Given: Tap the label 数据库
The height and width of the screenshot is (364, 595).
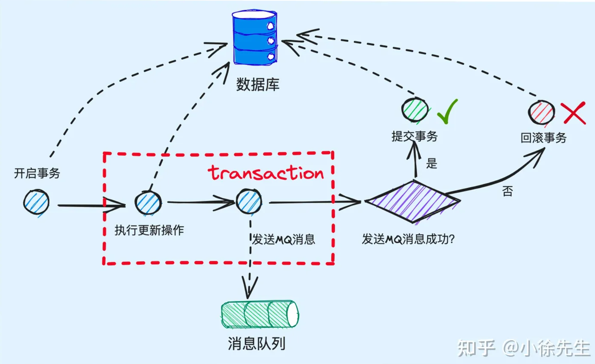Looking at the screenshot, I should tap(258, 84).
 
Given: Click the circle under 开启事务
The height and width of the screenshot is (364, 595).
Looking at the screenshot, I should tap(36, 203).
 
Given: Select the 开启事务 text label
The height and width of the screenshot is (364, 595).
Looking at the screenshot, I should tap(37, 173).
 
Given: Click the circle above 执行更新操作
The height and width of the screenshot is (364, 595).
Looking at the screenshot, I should tap(148, 203).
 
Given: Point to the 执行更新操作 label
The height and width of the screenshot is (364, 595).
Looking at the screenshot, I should tap(149, 230).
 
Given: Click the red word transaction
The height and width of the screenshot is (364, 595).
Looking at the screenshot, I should tap(266, 173).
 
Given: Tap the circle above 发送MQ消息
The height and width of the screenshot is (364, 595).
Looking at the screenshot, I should tap(249, 202).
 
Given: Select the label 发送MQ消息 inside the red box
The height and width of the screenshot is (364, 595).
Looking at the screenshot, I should tap(283, 239).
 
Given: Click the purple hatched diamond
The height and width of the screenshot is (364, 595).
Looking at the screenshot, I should tap(413, 202).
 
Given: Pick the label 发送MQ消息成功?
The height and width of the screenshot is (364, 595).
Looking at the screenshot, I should tap(408, 239).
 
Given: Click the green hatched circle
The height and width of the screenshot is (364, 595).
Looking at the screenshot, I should tap(414, 110).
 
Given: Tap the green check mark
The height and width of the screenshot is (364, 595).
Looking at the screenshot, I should tap(448, 111).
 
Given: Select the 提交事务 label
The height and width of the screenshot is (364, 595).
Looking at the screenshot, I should tap(414, 136).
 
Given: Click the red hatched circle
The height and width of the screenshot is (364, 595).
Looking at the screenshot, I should tap(541, 112).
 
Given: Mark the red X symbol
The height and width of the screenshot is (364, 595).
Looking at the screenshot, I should tap(574, 113).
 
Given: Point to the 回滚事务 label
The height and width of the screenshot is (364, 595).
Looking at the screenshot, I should tap(543, 138).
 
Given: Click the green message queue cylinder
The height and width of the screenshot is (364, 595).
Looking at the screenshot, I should tap(260, 314).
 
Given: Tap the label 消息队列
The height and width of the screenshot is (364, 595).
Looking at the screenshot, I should tap(257, 344).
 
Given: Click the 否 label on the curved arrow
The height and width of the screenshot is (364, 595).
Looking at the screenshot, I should tap(507, 191).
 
